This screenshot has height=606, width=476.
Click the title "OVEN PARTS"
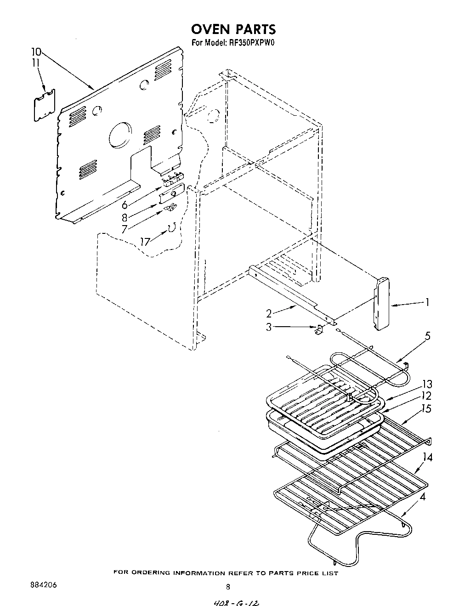pyautogui.click(x=233, y=29)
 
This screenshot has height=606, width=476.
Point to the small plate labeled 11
pyautogui.click(x=45, y=105)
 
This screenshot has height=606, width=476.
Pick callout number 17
pyautogui.click(x=145, y=241)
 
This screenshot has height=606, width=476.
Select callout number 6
pyautogui.click(x=125, y=205)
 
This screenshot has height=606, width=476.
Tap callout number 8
pyautogui.click(x=125, y=217)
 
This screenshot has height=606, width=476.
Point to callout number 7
pyautogui.click(x=125, y=229)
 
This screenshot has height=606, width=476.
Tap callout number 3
pyautogui.click(x=268, y=327)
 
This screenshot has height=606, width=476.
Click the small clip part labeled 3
pyautogui.click(x=318, y=329)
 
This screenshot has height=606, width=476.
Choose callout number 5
pyautogui.click(x=427, y=336)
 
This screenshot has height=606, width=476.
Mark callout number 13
pyautogui.click(x=427, y=384)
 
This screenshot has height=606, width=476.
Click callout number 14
pyautogui.click(x=427, y=457)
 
